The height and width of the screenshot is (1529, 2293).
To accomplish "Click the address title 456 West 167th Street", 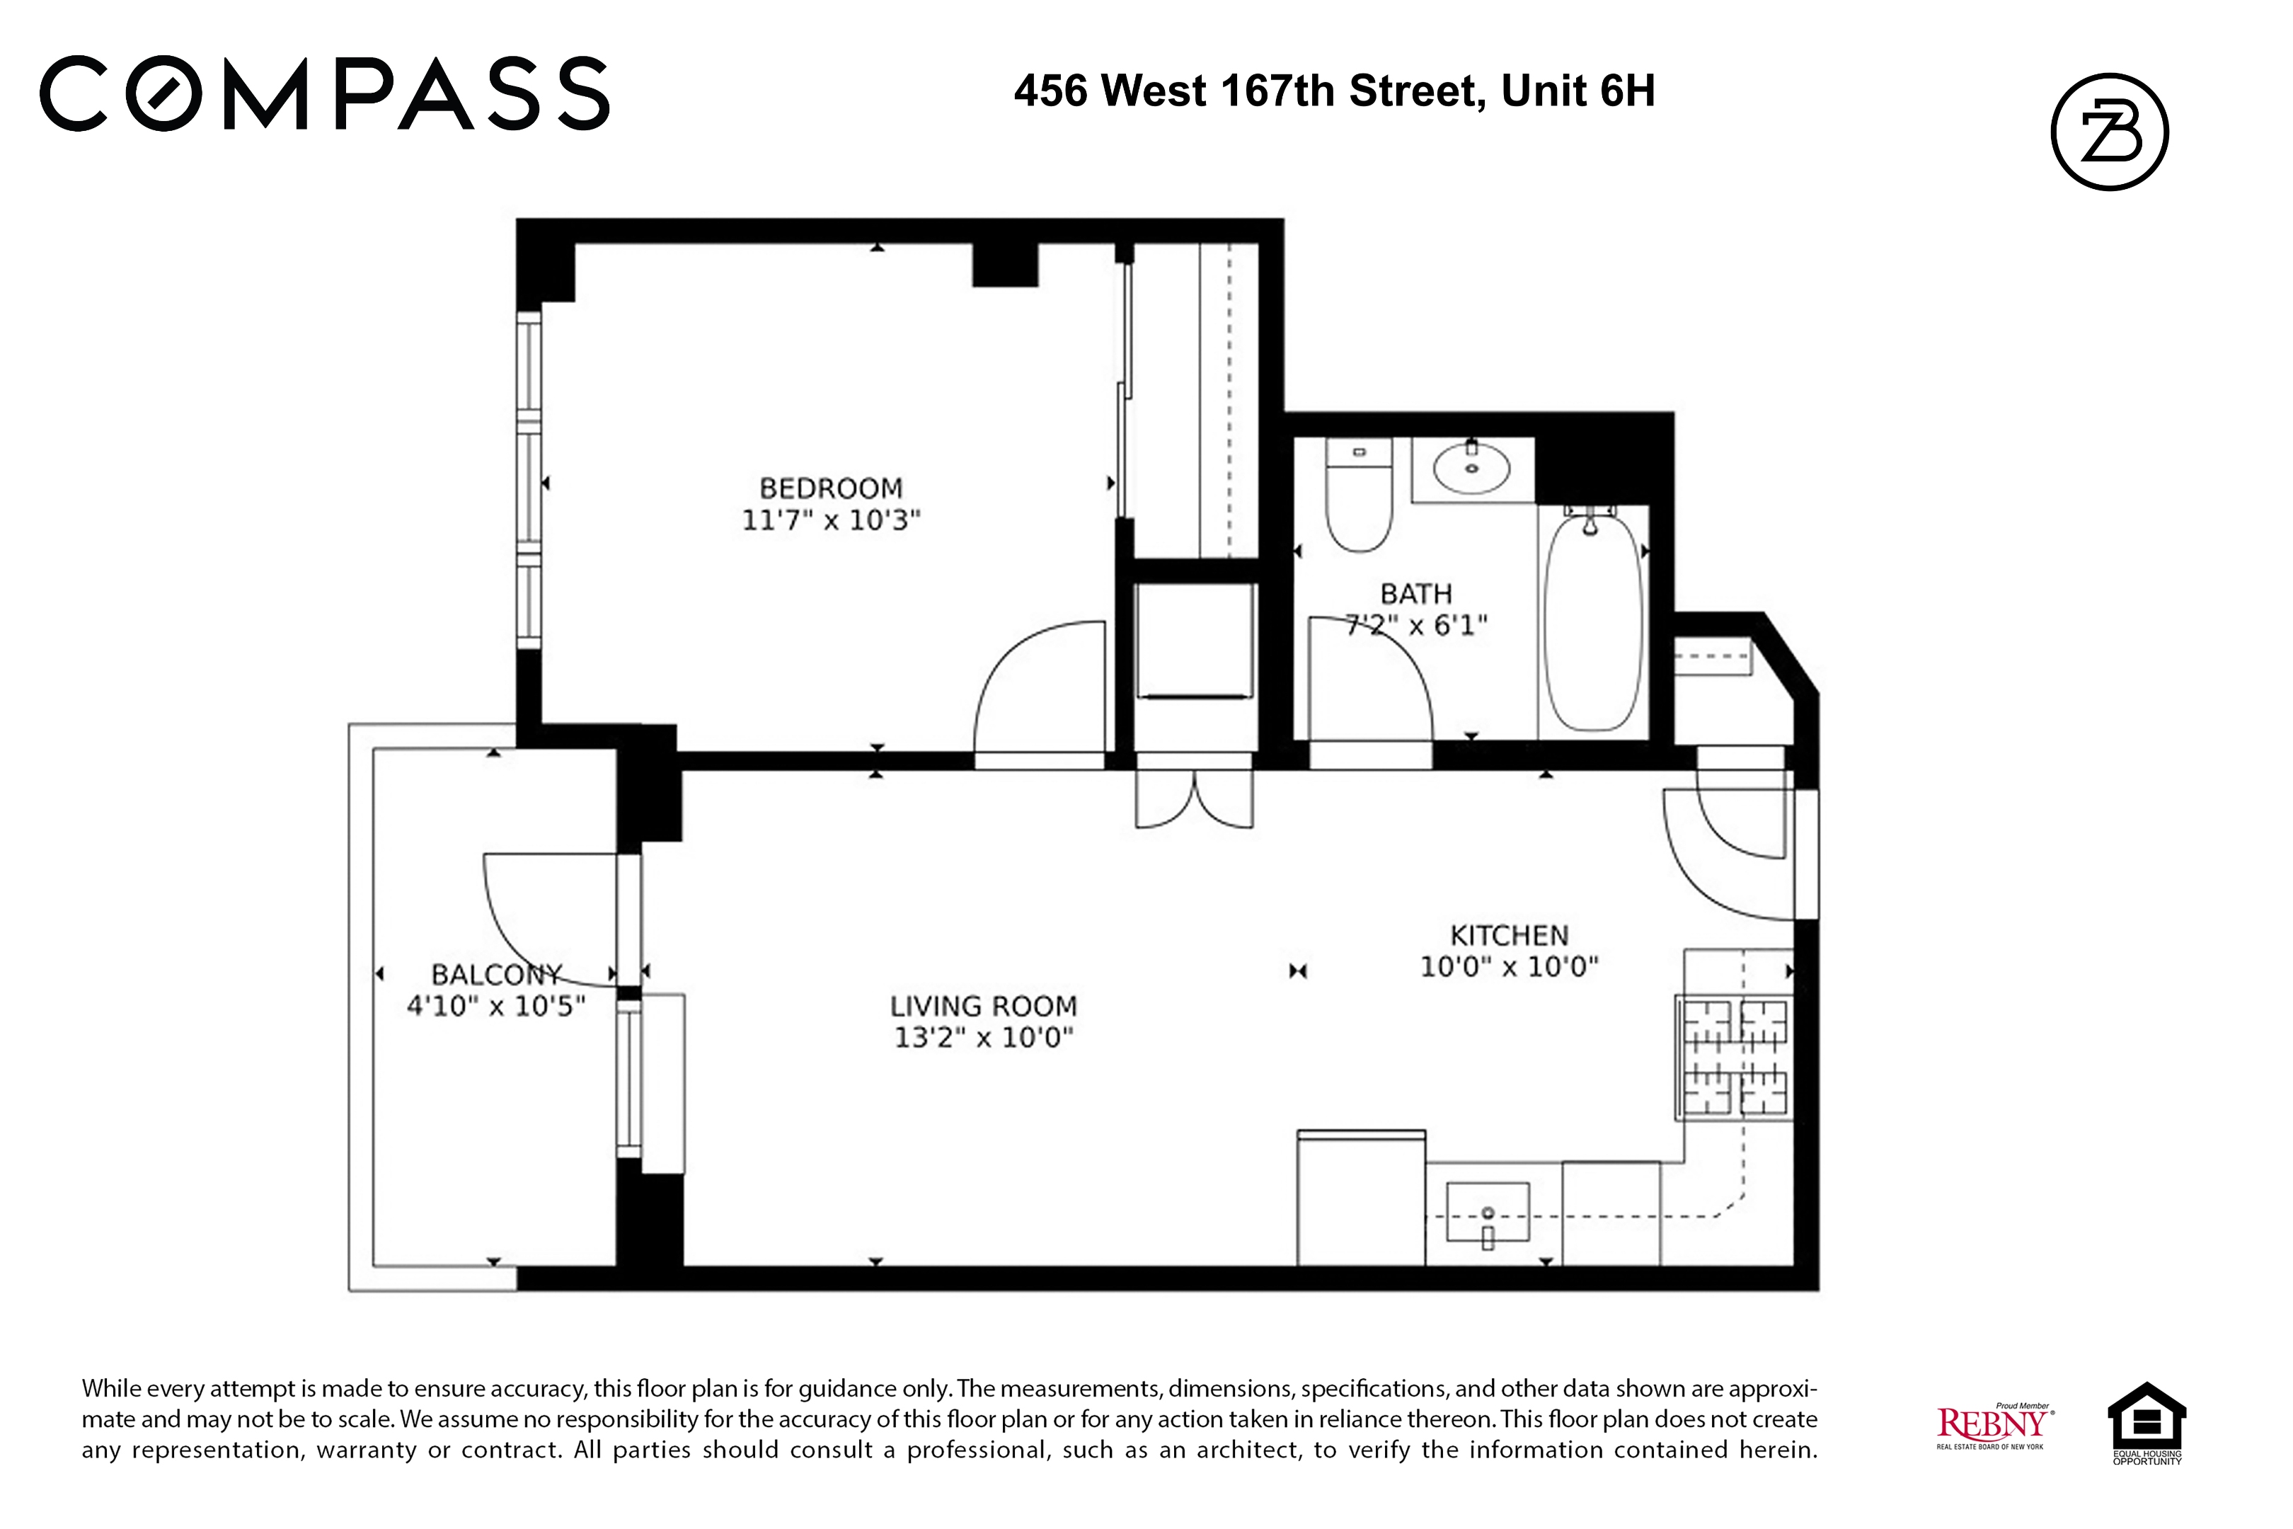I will (x=1333, y=91).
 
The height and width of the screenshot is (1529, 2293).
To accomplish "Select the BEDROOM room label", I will (x=831, y=488).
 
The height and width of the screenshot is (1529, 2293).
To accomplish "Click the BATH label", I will (x=1415, y=593).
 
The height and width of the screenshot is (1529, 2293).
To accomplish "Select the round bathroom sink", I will (x=1471, y=469).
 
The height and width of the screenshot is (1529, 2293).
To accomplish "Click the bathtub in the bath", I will (x=1593, y=622).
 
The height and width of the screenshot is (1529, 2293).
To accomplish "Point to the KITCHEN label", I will (x=1509, y=935).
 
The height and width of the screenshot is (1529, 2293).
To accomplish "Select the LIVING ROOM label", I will (x=983, y=1005).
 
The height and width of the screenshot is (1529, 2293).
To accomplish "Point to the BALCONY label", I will (x=496, y=974).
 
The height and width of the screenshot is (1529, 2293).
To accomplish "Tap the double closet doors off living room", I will (x=1195, y=800).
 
